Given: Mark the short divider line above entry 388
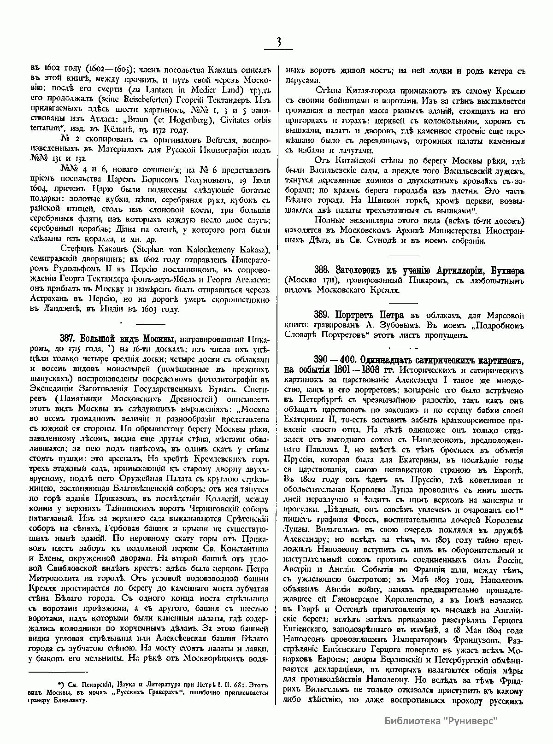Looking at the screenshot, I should coord(405,255).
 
